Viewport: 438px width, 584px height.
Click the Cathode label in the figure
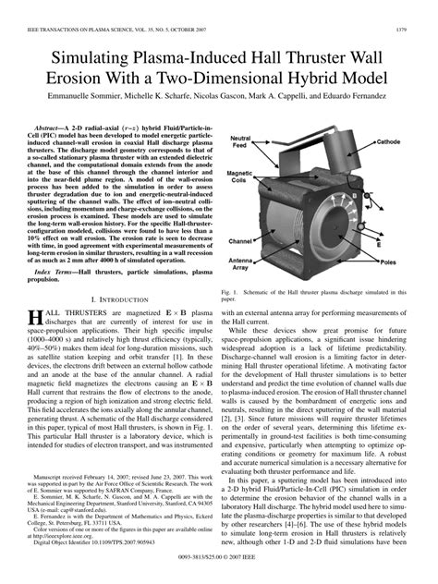pyautogui.click(x=387, y=142)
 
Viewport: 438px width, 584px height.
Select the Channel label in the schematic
pyautogui.click(x=241, y=240)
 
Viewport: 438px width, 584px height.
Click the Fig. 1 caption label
pyautogui.click(x=231, y=293)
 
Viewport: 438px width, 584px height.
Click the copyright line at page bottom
pyautogui.click(x=219, y=558)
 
